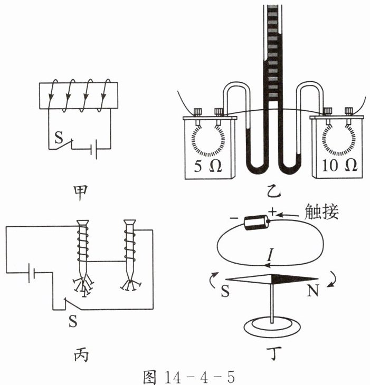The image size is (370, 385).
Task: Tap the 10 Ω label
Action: [338, 166]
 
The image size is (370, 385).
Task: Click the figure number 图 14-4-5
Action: [188, 376]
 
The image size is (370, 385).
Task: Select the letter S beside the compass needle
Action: [225, 291]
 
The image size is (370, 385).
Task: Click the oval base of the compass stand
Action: [271, 325]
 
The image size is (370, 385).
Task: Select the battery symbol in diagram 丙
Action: [33, 273]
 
